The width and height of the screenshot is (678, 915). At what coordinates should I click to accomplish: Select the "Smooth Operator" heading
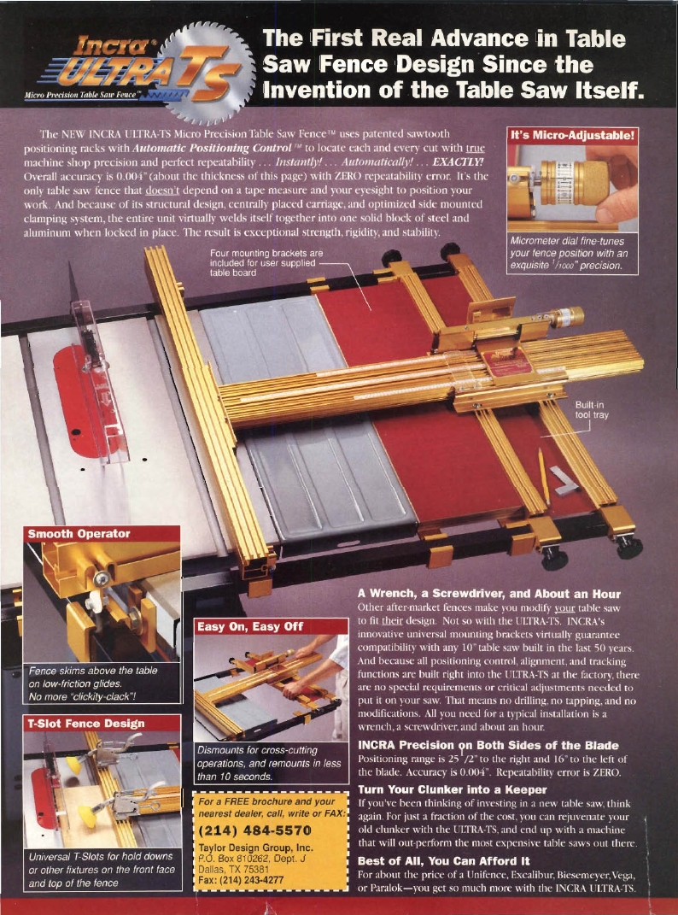pos(79,534)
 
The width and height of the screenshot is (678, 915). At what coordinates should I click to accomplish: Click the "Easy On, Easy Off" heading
pos(250,626)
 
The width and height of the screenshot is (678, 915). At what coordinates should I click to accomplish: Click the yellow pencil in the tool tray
pos(543,474)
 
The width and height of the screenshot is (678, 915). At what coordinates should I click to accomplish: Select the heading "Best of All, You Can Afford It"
pos(443,861)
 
